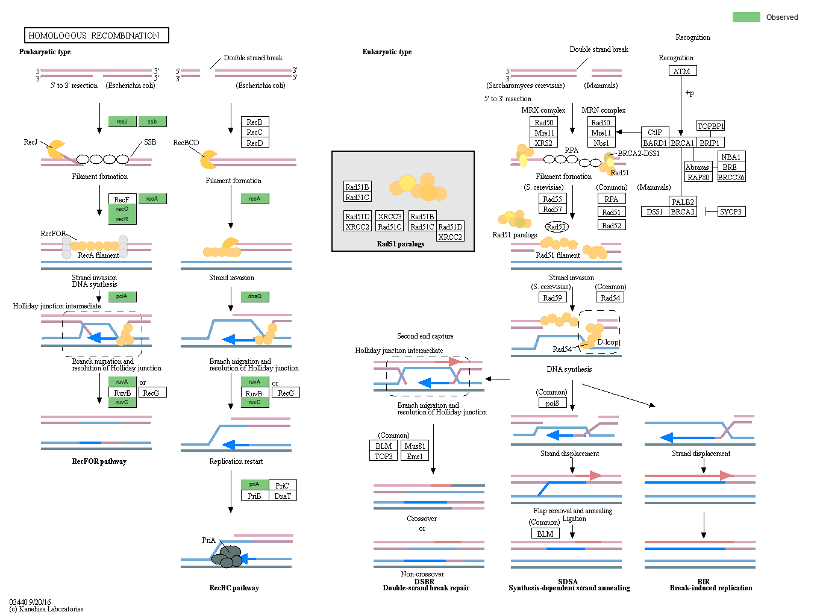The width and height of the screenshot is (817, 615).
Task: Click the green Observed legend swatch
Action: click(746, 17)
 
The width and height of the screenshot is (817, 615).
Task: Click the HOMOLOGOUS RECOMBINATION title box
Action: click(96, 36)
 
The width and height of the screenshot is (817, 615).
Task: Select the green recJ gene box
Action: click(122, 122)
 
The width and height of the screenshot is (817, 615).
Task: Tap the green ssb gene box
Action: click(152, 122)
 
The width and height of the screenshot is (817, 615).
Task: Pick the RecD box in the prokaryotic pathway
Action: click(254, 143)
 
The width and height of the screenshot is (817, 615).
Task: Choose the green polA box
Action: click(122, 296)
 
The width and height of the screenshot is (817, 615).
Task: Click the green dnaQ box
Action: click(255, 296)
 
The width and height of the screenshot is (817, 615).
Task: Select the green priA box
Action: click(254, 484)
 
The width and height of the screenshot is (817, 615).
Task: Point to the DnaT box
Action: click(283, 496)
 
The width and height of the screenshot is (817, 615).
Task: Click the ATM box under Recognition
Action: click(682, 71)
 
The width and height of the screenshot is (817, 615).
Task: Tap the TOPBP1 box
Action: click(710, 126)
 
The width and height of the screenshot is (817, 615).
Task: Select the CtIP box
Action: click(655, 132)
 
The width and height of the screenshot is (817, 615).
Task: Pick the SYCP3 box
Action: click(731, 211)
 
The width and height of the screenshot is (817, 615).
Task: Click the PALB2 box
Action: click(683, 202)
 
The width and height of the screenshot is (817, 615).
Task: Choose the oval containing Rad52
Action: click(556, 226)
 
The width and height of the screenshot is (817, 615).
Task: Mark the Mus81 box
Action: click(415, 446)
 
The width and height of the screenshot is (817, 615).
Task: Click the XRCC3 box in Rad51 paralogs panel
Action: click(389, 216)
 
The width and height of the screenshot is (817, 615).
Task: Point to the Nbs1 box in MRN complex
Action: click(601, 143)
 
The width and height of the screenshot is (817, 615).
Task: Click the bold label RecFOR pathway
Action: click(99, 461)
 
